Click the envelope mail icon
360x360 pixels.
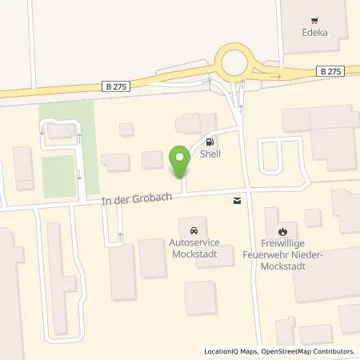[236, 201]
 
